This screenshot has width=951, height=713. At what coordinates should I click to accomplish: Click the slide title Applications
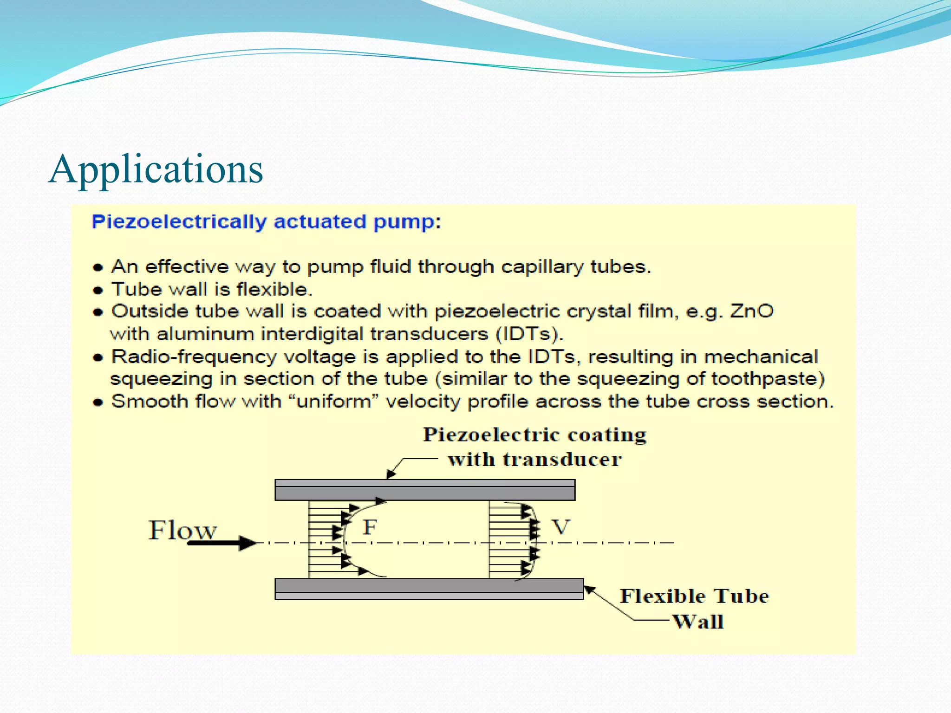coord(156,169)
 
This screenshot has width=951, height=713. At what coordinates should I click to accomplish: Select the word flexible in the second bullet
coord(272,290)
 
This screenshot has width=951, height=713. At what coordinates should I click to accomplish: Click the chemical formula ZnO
coord(751,311)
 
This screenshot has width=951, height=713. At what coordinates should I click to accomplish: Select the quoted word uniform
coord(334,402)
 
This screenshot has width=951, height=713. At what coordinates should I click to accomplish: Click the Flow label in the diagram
coord(182,530)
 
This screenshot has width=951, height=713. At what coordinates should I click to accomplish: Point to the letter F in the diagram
coord(370,527)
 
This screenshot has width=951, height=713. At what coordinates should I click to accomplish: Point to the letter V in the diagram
coord(560,527)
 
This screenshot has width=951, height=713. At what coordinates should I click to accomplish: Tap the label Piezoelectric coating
coord(534,435)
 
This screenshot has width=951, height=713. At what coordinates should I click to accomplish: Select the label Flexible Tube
coord(694,596)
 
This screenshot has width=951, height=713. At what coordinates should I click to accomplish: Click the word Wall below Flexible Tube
coord(698,622)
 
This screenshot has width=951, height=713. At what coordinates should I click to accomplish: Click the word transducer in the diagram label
coord(562,460)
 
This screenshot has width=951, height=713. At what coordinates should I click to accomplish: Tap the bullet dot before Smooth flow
coord(98,402)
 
